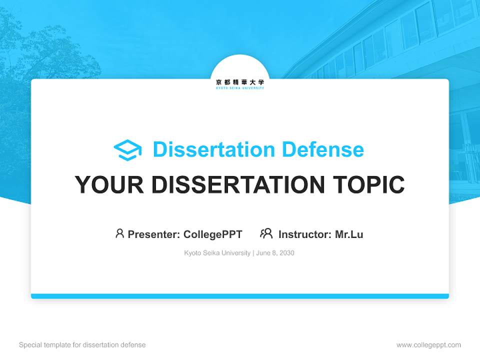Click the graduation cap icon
[x=127, y=150]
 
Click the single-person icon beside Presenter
[x=119, y=233]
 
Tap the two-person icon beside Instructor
[x=266, y=233]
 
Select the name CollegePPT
[x=213, y=234]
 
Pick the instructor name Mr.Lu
[x=349, y=234]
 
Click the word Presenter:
[x=154, y=234]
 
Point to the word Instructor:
[x=305, y=234]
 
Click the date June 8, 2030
[x=275, y=253]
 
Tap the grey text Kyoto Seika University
[x=217, y=253]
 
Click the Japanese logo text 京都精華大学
[x=240, y=82]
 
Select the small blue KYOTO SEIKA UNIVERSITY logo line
[x=240, y=88]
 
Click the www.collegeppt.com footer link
[x=428, y=345]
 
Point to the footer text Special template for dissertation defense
[x=82, y=345]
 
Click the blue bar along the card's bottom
[x=240, y=296]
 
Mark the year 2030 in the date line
[x=287, y=253]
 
